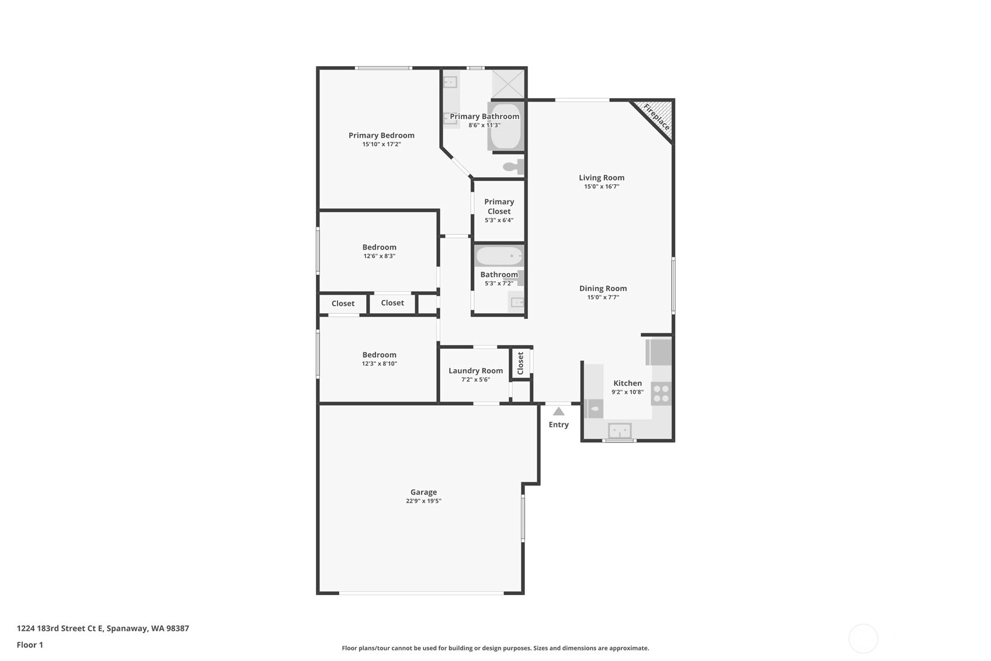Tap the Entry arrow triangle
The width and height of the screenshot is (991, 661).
point(559,411)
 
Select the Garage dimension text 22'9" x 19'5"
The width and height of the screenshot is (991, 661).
point(423,501)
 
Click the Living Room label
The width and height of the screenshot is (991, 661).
point(601,178)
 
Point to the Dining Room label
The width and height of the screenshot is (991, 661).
point(603,288)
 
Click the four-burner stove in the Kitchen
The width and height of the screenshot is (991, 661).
point(661,393)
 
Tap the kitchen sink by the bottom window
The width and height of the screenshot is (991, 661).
point(620,430)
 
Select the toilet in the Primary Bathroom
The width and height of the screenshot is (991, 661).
point(514,167)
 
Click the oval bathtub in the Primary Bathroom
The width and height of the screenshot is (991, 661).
point(506,126)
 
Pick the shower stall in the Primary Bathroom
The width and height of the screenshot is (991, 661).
point(508,84)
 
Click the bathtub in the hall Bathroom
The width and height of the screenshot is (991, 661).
point(499,256)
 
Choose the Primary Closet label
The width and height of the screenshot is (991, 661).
point(499,206)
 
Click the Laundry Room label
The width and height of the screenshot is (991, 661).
point(475,371)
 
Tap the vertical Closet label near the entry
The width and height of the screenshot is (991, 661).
point(520,363)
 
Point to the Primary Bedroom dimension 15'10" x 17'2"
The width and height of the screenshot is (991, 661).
point(381,144)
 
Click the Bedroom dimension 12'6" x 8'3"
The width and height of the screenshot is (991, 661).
point(379,256)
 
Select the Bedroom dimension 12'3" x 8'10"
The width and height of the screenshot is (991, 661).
point(379,364)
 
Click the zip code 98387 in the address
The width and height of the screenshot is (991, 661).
point(178,628)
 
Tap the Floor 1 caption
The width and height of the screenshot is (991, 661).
point(30,645)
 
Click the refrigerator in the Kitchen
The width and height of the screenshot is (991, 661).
point(658,352)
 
